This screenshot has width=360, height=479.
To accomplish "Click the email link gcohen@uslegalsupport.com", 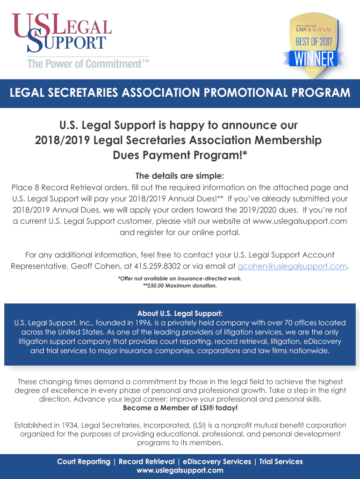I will pos(293,266).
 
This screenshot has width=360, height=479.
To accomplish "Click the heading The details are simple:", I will pos(180,176).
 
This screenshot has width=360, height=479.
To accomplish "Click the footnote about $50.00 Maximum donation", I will pos(180,286).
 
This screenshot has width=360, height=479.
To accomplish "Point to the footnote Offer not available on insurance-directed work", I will pos(180,279).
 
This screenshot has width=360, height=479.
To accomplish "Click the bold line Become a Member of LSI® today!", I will pos(180,408).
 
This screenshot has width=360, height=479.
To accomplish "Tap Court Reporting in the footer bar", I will pos(83,462).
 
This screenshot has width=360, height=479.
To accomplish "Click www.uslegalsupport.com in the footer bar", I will pos(180,470).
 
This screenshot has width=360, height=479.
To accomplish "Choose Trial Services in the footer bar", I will pos(281,462).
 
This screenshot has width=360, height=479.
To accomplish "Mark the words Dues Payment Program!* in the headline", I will pos(180,154).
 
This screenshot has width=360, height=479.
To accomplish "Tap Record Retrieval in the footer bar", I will pos(146,462).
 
